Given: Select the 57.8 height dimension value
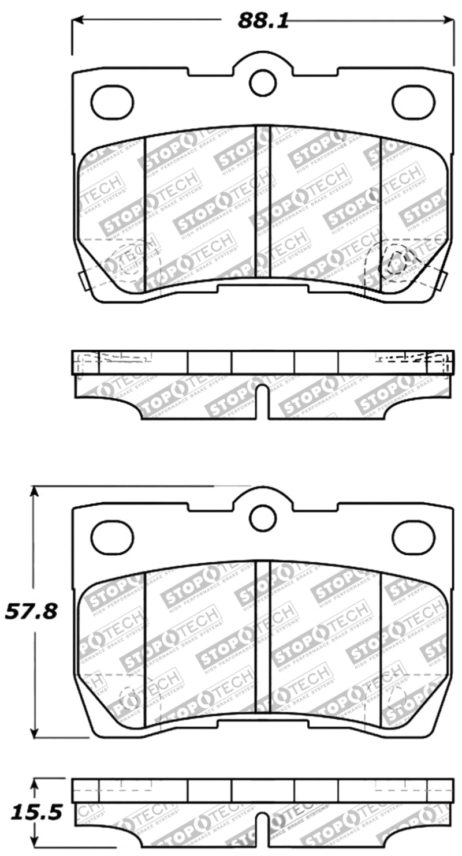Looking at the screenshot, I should pyautogui.click(x=32, y=611).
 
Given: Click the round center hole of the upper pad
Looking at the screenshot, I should pyautogui.click(x=263, y=83).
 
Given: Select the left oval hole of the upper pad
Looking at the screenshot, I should pyautogui.click(x=112, y=102).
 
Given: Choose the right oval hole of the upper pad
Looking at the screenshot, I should pyautogui.click(x=413, y=102).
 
